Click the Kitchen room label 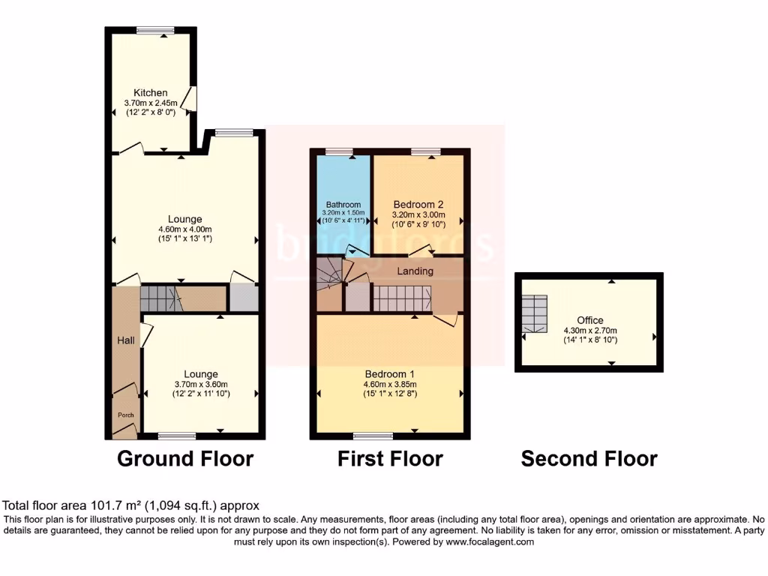pos(151,93)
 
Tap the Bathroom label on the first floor pos(343,204)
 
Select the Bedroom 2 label pos(418,203)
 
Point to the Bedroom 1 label pos(390,373)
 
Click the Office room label pos(590,320)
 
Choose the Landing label pos(415,271)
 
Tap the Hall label pos(125,340)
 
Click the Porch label pos(124,415)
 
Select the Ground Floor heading pos(185,458)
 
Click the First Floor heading pos(390,458)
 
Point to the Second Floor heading pos(589,458)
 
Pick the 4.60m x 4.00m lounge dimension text pos(184,229)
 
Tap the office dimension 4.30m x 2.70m pos(590,330)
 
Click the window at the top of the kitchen pos(155,30)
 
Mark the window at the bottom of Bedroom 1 pos(373,436)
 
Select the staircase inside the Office pos(535,313)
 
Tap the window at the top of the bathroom pos(340,151)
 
